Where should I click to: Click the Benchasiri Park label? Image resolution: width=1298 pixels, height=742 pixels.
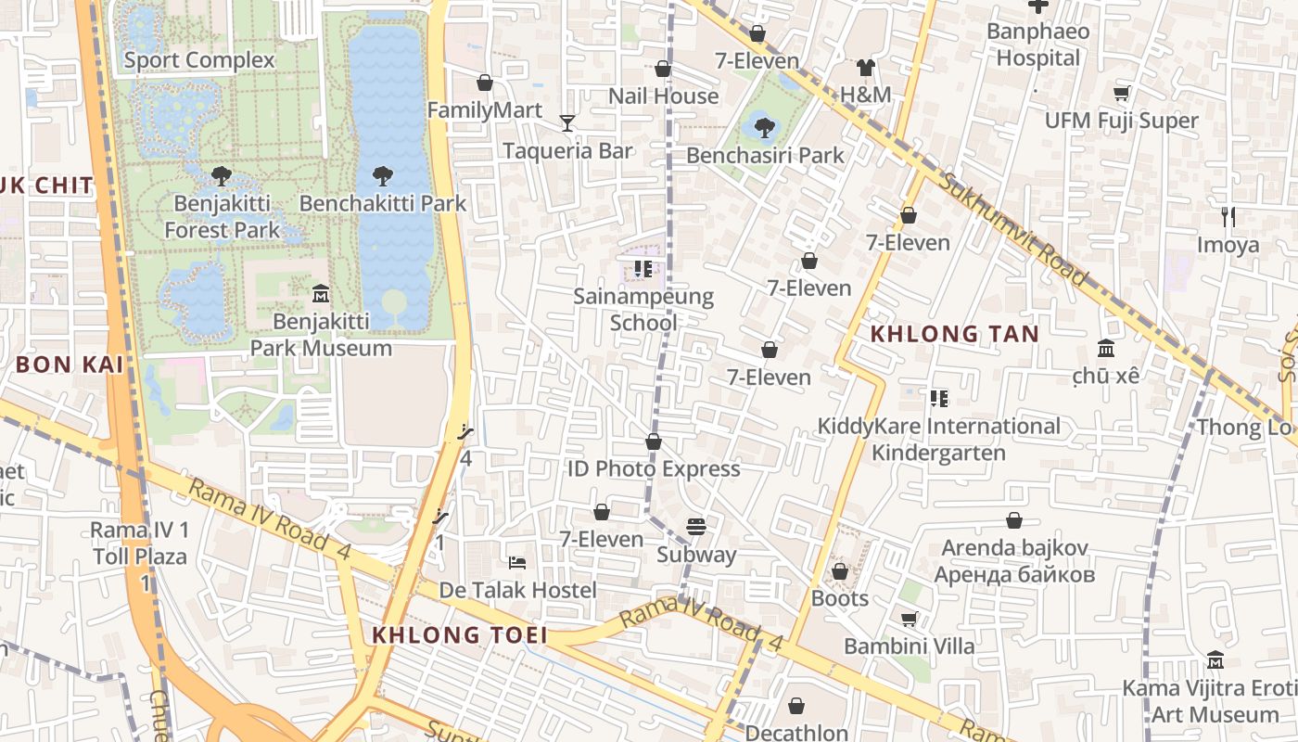pos(765,155)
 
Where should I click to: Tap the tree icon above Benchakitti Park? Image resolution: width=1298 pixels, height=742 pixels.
pos(383,175)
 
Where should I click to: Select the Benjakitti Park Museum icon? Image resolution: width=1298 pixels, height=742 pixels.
pos(321,293)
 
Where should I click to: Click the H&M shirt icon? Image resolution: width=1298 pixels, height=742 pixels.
pos(865,67)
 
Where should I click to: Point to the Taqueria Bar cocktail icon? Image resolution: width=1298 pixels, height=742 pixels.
pos(567,122)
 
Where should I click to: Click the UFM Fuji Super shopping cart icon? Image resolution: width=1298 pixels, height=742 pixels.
pos(1121,93)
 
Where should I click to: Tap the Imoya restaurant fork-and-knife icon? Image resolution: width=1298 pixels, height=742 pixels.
pos(1228,217)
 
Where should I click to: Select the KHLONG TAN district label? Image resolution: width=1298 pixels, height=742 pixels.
pos(954,334)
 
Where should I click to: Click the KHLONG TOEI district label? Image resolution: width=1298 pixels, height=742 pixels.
pos(459,635)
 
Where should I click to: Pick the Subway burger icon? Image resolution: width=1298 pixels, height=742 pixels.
pos(696,527)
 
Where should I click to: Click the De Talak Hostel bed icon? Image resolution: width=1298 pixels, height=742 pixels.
pos(517,563)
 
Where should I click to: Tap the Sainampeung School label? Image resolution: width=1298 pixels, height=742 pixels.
pos(643,310)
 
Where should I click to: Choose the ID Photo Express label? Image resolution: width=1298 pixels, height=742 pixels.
pos(654,468)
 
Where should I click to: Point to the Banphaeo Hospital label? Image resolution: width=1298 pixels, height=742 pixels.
pos(1037,45)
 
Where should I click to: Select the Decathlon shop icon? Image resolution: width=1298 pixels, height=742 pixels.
pos(796,706)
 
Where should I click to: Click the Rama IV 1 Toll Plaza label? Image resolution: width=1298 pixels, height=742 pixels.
pos(139,544)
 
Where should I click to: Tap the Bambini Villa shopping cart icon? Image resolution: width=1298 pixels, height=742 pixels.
pos(910,619)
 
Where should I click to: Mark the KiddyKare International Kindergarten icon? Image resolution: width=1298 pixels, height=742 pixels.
pos(938,399)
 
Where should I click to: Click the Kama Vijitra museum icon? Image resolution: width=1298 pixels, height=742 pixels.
pos(1215,660)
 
